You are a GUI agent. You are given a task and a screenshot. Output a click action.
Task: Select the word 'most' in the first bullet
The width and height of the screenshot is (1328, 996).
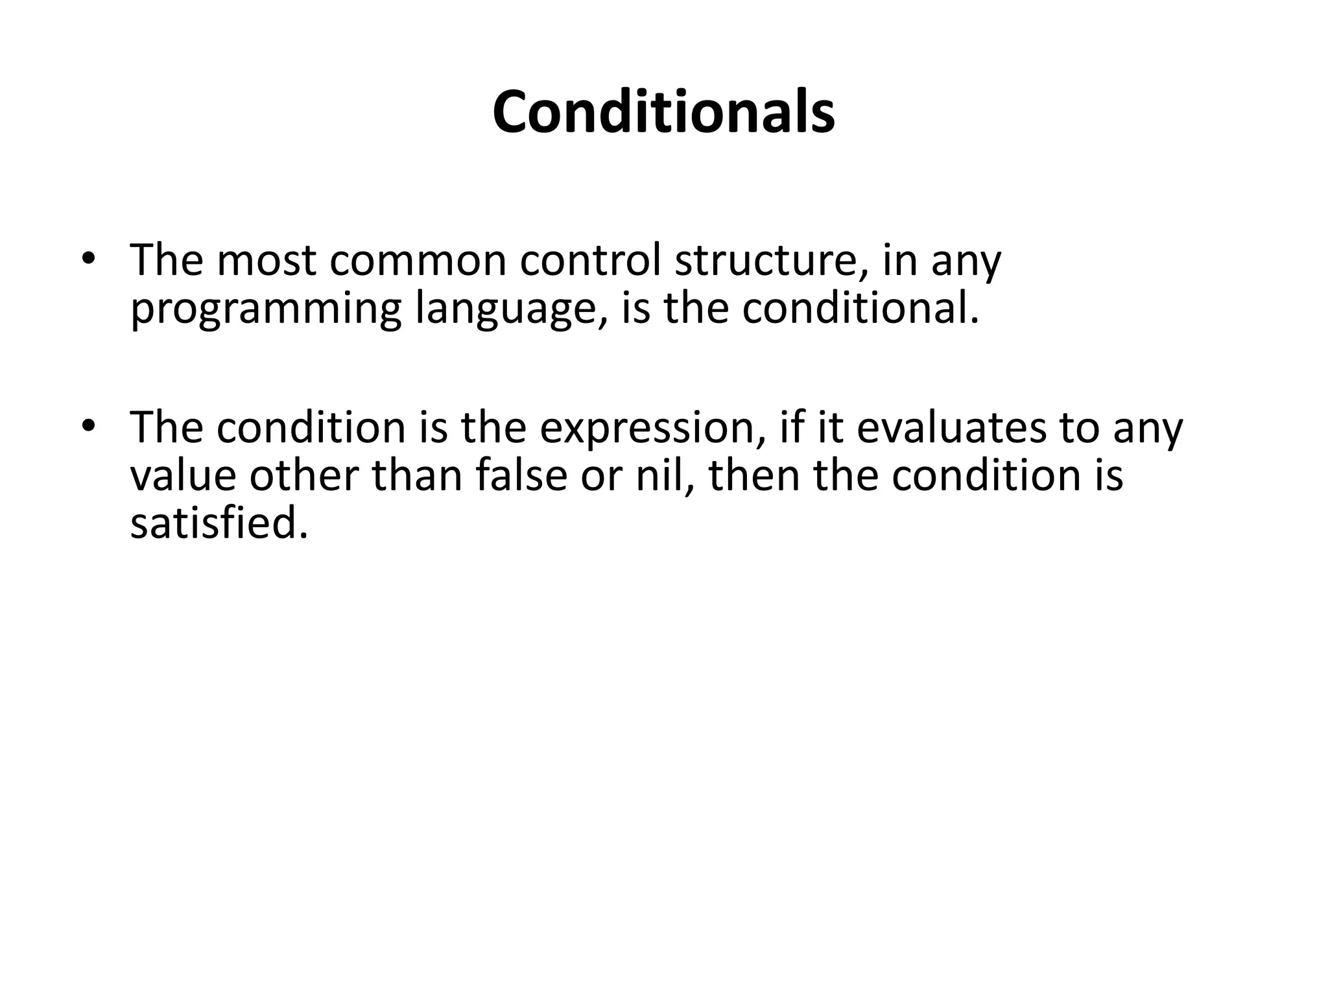266,261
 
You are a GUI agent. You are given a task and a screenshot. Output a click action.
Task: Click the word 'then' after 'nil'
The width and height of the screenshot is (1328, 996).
754,475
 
